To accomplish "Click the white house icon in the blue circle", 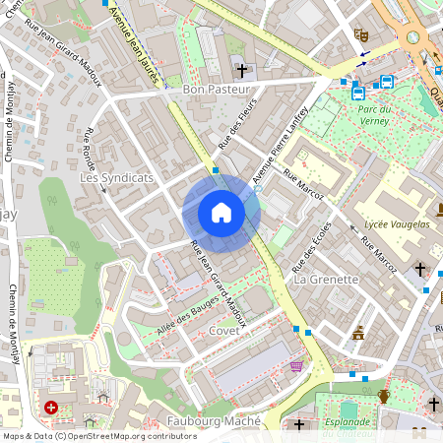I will [x=221, y=213].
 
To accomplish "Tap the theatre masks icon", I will [x=362, y=34].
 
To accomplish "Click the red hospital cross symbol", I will [x=50, y=407].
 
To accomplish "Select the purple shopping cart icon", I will [x=296, y=366].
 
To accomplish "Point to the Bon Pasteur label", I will [x=219, y=90].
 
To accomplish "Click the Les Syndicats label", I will [x=116, y=178].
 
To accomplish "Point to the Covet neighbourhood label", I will [x=224, y=331].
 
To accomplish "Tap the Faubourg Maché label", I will [x=214, y=421].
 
